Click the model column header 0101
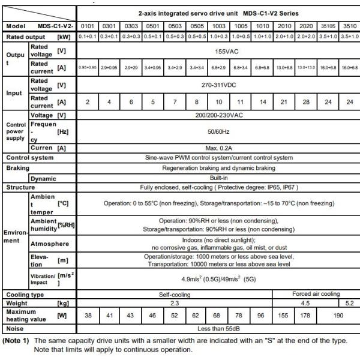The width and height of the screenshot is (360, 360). tap(88, 27)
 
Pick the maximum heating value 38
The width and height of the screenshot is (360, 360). tap(88, 316)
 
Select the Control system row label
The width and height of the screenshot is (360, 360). tap(29, 158)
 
